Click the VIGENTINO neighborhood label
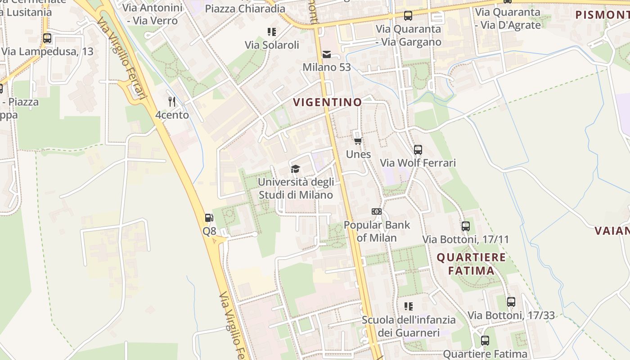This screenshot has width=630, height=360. [327, 102]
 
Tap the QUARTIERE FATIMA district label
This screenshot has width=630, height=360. [471, 264]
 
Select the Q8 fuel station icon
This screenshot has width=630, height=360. [209, 218]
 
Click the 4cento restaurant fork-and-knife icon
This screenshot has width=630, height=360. [172, 101]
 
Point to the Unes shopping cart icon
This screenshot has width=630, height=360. [358, 141]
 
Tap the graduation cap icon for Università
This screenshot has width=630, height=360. [295, 169]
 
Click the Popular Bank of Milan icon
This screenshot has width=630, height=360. [377, 211]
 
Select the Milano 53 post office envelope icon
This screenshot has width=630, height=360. [327, 54]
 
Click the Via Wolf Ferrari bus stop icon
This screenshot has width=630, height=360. [418, 149]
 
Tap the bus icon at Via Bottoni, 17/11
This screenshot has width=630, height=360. [466, 226]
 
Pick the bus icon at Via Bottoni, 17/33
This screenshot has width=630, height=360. [511, 301]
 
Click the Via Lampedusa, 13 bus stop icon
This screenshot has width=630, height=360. [47, 38]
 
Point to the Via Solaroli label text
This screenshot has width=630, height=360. [272, 45]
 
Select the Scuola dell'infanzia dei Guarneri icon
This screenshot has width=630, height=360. [409, 306]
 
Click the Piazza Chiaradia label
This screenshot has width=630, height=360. [245, 9]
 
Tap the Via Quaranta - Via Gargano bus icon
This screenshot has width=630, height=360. [408, 16]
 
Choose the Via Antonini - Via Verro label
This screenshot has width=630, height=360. [152, 14]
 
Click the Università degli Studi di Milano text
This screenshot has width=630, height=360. [296, 189]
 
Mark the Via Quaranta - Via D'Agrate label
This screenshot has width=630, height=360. [508, 18]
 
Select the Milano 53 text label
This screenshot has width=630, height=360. [326, 67]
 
